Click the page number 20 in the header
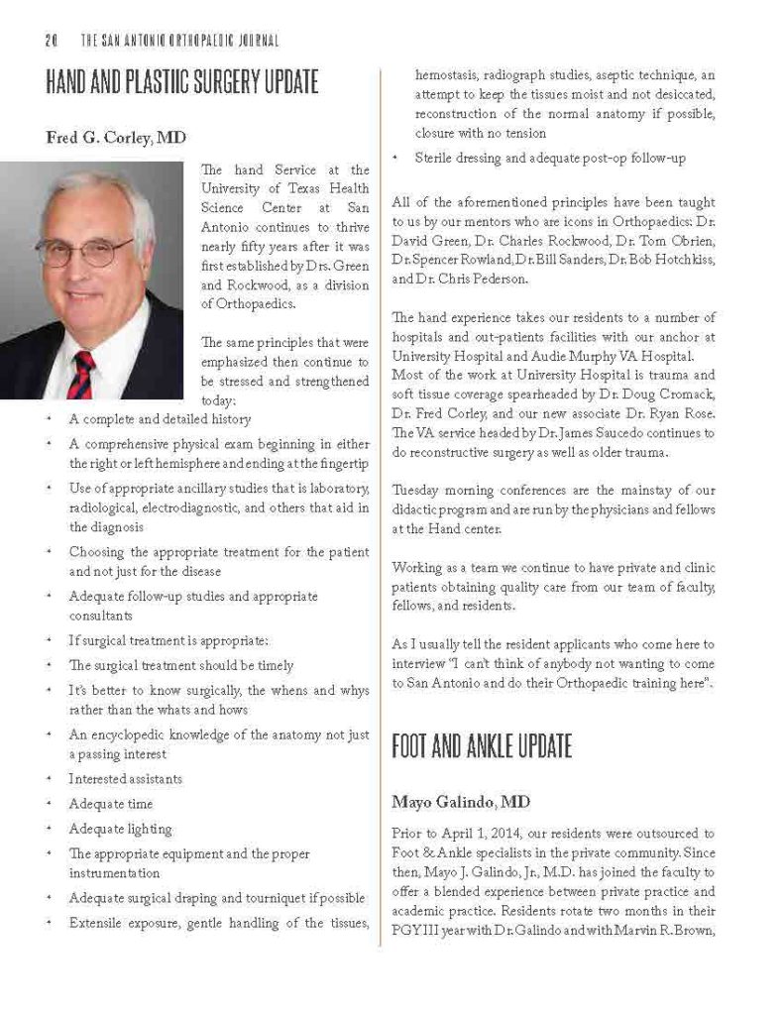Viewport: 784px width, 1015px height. click(52, 41)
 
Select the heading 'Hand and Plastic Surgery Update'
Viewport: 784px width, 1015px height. click(182, 82)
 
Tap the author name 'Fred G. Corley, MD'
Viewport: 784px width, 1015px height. click(116, 138)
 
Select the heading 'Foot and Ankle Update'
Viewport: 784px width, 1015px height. click(483, 746)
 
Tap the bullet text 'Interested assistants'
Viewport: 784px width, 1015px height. click(125, 779)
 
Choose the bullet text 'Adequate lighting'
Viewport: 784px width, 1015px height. click(120, 829)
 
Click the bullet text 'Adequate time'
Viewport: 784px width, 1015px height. click(110, 804)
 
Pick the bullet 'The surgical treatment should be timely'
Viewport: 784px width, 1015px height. click(180, 665)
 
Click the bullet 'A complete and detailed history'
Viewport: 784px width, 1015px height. click(160, 419)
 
